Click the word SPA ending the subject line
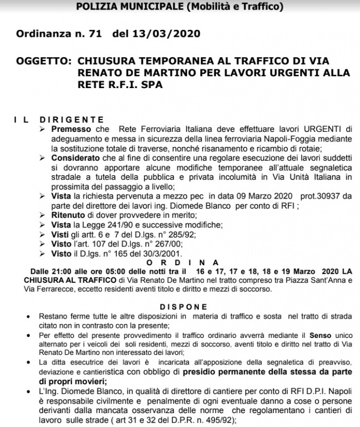[150, 85]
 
